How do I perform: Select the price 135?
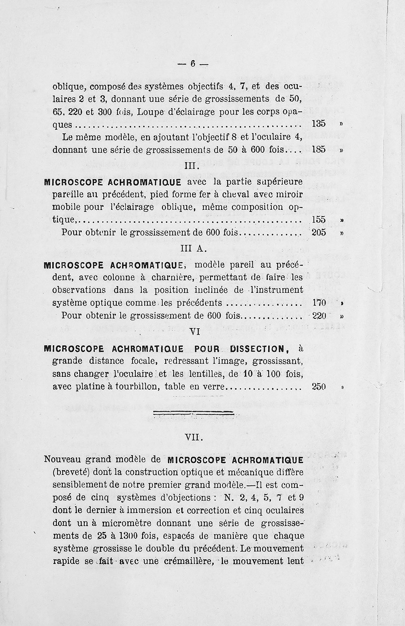(319, 124)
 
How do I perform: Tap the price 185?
(319, 150)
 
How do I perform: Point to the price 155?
(319, 220)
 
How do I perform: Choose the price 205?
(319, 233)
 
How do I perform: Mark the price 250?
(319, 387)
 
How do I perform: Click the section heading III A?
(193, 249)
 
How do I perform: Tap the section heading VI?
(195, 331)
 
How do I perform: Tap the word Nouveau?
(63, 459)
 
